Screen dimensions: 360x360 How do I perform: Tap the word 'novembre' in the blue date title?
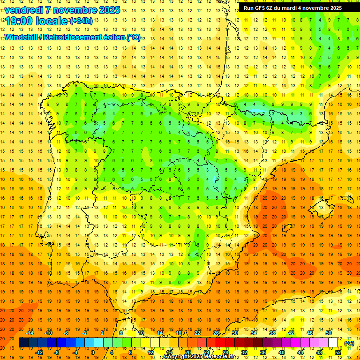(x=70, y=10)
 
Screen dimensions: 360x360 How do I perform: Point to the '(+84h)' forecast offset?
(x=81, y=21)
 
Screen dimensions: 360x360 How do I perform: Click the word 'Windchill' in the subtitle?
(x=20, y=37)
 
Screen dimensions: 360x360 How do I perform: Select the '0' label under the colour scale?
(x=93, y=352)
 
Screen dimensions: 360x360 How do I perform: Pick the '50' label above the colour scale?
(x=328, y=333)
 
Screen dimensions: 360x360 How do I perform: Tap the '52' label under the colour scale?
(x=338, y=352)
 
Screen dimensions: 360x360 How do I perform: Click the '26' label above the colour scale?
(x=216, y=333)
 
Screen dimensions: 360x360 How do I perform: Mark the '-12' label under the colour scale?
(x=39, y=352)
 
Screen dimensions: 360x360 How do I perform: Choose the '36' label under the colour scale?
(x=263, y=352)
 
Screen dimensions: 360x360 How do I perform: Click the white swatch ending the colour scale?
(x=333, y=343)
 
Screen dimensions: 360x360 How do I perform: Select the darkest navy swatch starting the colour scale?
(x=23, y=343)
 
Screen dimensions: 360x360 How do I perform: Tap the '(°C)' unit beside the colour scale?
(x=349, y=343)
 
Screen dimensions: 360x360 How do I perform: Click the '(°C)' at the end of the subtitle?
(x=133, y=37)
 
